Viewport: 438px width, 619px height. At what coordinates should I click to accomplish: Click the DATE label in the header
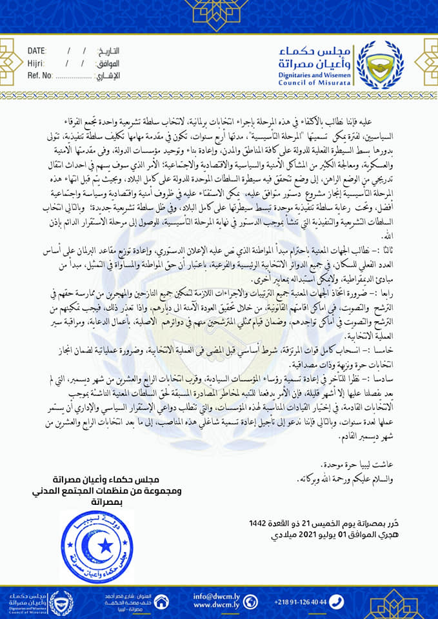[37, 51]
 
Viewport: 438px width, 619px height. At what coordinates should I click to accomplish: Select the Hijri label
[36, 63]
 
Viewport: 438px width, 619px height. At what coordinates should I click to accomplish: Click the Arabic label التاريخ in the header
[108, 51]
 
